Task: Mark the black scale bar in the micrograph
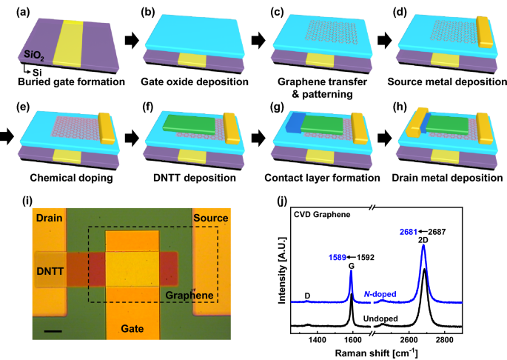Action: (53, 330)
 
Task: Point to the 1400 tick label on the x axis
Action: (318, 340)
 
